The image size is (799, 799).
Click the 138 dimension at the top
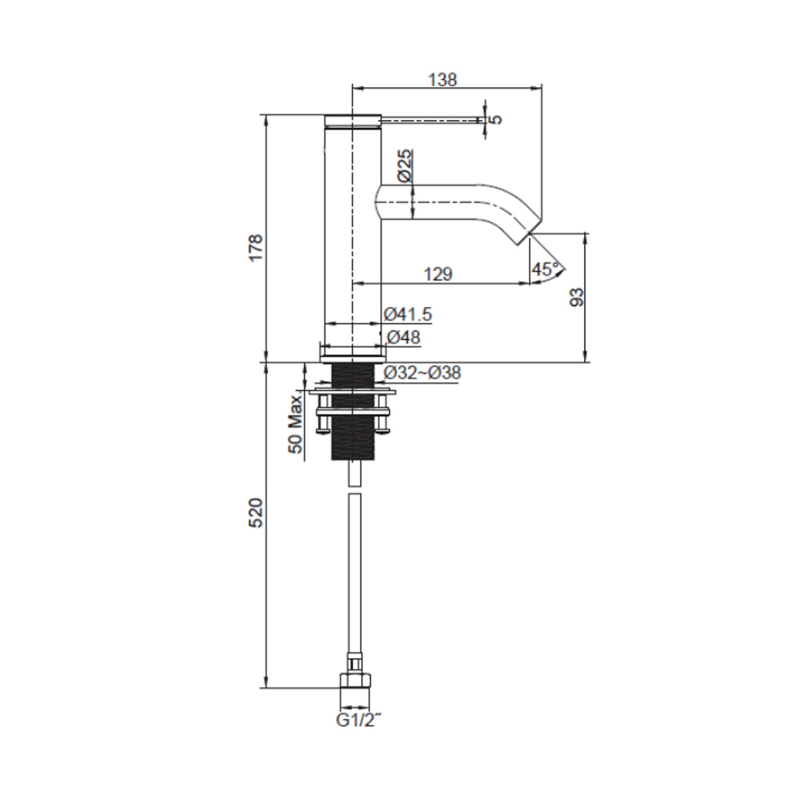(x=443, y=80)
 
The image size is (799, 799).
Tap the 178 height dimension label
(x=256, y=248)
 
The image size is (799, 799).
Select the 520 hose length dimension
(x=256, y=512)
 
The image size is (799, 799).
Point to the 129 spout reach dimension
(x=438, y=274)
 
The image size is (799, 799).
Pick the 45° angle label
(x=545, y=270)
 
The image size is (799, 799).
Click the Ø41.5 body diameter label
(x=408, y=314)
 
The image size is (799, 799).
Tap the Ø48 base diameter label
(x=403, y=338)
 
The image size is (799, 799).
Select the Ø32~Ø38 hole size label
(x=422, y=373)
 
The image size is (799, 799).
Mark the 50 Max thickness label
(x=296, y=423)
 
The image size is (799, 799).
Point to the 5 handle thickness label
(x=495, y=120)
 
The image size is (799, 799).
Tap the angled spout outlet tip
(x=527, y=238)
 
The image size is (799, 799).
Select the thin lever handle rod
(x=429, y=120)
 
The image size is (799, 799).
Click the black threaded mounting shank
(x=354, y=413)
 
